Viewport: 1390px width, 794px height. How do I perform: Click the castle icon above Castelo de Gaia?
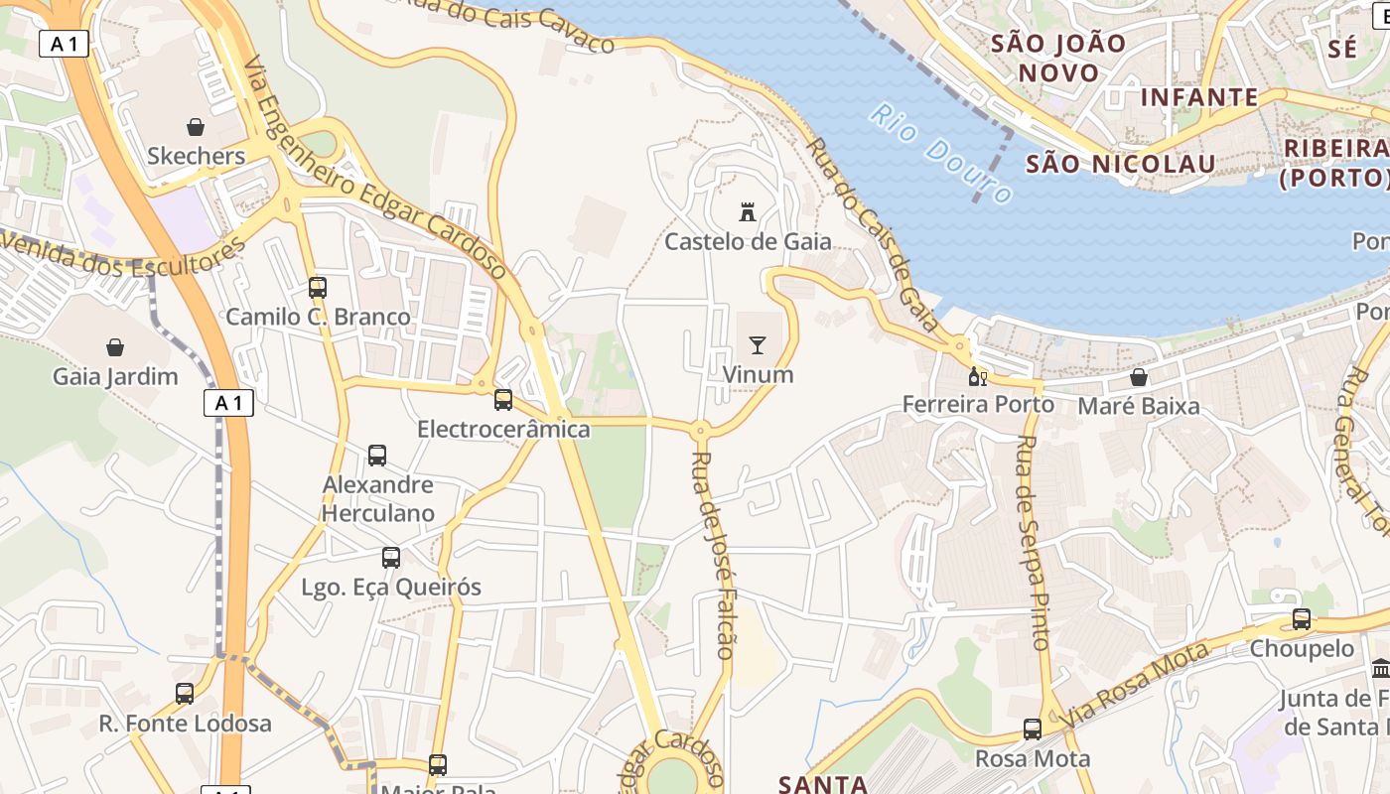(748, 211)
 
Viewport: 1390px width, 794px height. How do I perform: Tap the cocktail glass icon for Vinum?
(758, 345)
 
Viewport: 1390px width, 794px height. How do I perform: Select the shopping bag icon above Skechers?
(196, 127)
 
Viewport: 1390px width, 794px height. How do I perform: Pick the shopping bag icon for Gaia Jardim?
(115, 347)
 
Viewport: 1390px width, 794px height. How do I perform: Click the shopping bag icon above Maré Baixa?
(1139, 377)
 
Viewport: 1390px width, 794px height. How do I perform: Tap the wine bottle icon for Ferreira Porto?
(977, 376)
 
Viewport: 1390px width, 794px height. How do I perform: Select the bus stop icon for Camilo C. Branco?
(318, 288)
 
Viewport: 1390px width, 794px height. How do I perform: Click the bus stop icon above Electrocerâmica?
(503, 400)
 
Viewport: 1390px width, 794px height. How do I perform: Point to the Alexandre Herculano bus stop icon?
(377, 456)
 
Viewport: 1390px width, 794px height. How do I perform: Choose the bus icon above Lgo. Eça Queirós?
(391, 558)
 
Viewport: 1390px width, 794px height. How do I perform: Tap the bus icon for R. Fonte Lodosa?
(185, 694)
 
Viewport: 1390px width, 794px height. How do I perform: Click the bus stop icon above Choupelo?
(1301, 619)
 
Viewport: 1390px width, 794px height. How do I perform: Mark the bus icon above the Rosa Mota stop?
(1033, 729)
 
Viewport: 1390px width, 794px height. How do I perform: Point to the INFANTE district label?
(1199, 97)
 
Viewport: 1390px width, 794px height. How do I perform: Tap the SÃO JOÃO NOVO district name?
(1058, 58)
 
